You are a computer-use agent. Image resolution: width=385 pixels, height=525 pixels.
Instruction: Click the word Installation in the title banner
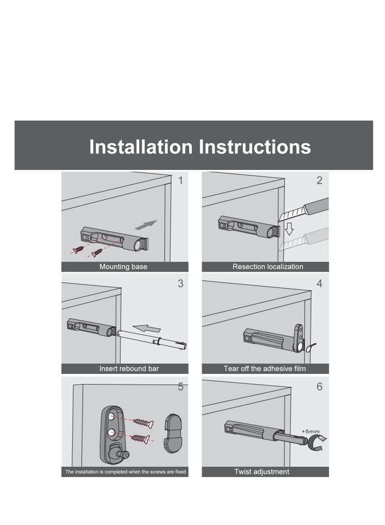(x=141, y=147)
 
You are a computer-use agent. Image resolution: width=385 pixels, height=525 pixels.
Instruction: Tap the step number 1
(x=180, y=181)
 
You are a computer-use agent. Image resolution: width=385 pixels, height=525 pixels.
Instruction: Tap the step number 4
(x=319, y=283)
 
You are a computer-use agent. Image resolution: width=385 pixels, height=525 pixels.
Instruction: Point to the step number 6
(x=319, y=386)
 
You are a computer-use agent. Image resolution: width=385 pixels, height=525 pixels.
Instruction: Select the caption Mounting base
(x=123, y=267)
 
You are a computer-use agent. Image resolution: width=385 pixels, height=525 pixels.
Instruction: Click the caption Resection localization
(x=268, y=267)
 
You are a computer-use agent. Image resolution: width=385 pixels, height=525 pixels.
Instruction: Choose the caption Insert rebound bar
(x=128, y=369)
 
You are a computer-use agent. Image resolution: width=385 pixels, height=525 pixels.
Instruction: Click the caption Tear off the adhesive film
(x=264, y=369)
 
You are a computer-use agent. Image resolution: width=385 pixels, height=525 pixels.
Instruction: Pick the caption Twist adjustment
(x=262, y=472)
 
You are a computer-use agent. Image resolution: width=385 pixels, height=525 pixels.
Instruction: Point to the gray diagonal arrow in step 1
(x=146, y=225)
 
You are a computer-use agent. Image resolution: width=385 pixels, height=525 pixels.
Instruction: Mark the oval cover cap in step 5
(x=171, y=432)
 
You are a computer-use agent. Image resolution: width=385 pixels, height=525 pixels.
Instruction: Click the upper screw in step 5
(x=143, y=423)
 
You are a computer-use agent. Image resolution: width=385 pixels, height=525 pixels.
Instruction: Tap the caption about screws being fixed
(x=125, y=472)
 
